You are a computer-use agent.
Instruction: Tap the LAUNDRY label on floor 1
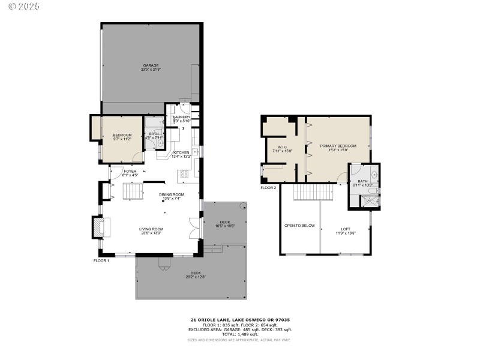point(181,119)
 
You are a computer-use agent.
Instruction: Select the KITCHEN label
point(181,154)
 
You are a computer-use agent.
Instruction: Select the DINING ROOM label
point(171,196)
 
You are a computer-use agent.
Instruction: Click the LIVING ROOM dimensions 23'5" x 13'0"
point(151,233)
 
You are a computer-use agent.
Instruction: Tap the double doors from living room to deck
point(193,230)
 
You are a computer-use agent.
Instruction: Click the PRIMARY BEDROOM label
point(338,148)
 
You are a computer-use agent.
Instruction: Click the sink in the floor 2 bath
point(374,175)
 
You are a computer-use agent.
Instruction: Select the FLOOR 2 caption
point(268,188)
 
